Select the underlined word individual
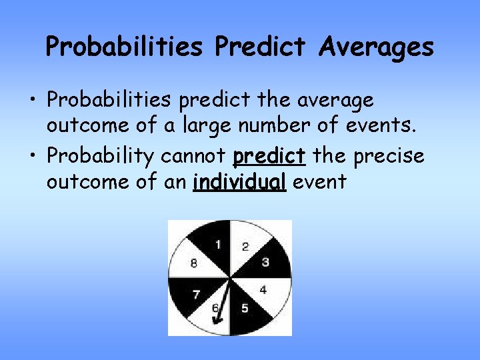click(x=239, y=182)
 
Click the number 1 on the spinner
click(x=217, y=245)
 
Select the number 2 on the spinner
click(x=245, y=247)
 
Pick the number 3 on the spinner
click(x=265, y=262)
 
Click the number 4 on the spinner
click(x=263, y=290)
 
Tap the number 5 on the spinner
click(x=245, y=308)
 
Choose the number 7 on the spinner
click(x=196, y=294)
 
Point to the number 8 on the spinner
click(x=193, y=263)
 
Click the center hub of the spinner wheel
click(x=230, y=278)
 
